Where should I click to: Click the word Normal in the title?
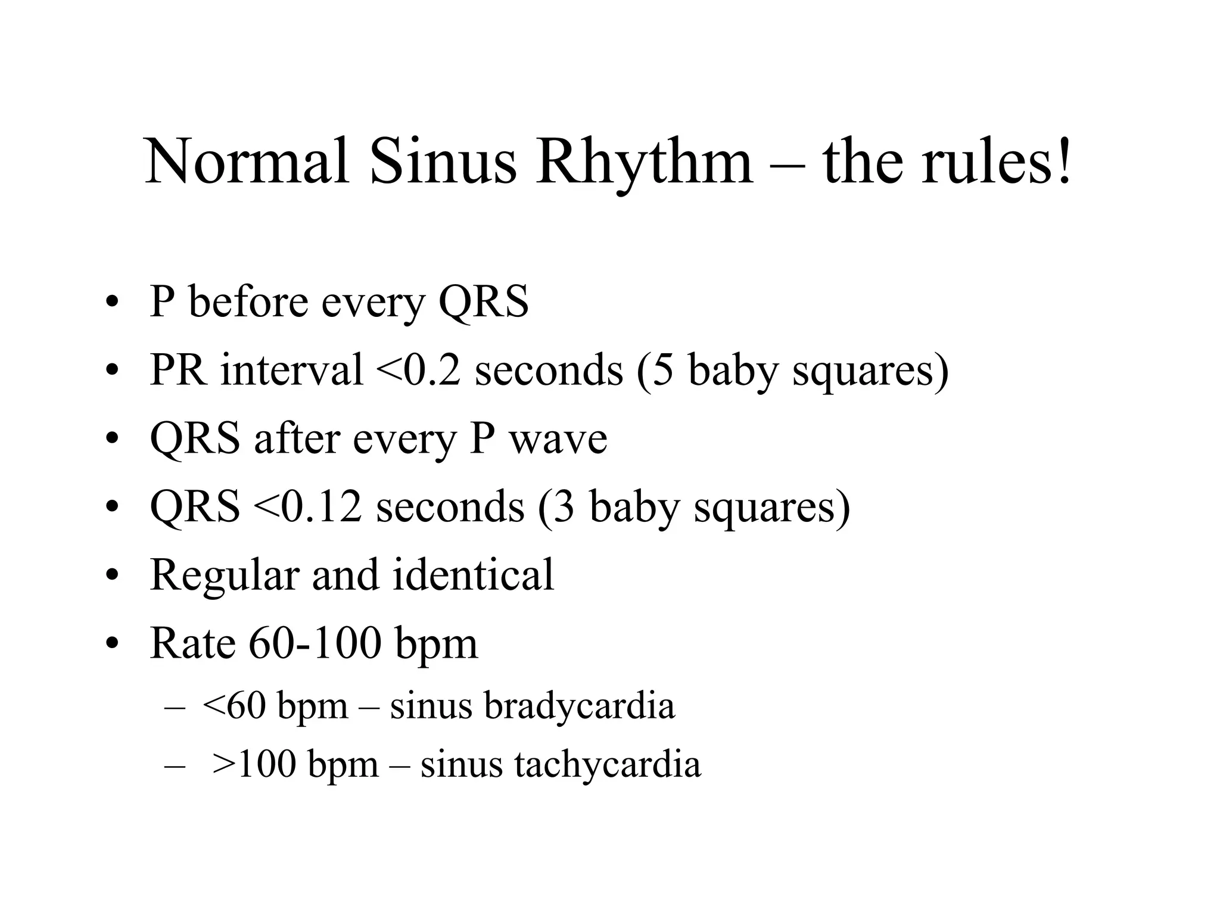247,162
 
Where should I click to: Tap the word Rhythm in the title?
644,162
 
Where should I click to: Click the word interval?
291,370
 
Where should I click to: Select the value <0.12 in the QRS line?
307,507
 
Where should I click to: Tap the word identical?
474,575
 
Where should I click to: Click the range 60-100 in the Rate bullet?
315,644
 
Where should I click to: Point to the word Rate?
192,644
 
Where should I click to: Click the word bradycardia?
579,707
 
